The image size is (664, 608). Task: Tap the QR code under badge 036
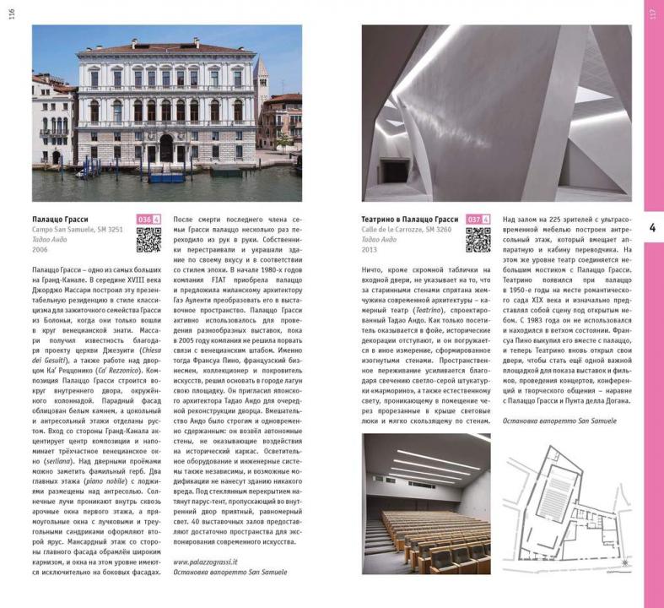coord(148,241)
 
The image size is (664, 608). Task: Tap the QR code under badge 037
coord(478,241)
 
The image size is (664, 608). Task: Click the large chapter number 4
coord(652,226)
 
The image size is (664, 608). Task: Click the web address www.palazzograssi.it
coord(205,561)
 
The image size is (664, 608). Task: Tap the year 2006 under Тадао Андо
coord(40,250)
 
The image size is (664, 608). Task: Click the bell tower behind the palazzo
coord(262,80)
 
